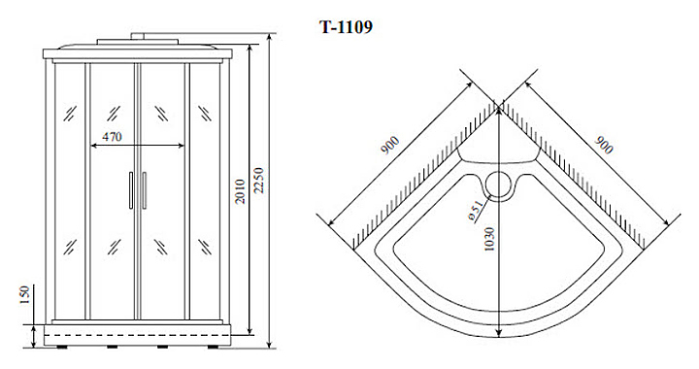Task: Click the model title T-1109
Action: click(346, 27)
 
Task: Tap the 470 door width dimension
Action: click(112, 136)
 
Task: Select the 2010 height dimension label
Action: click(241, 191)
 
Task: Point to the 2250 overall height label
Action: click(259, 180)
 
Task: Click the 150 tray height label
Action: click(24, 295)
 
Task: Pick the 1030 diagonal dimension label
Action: click(489, 239)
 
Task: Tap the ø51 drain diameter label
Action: click(476, 211)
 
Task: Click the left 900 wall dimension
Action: click(390, 146)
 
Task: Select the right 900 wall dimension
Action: click(604, 145)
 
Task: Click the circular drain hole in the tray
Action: click(498, 185)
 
